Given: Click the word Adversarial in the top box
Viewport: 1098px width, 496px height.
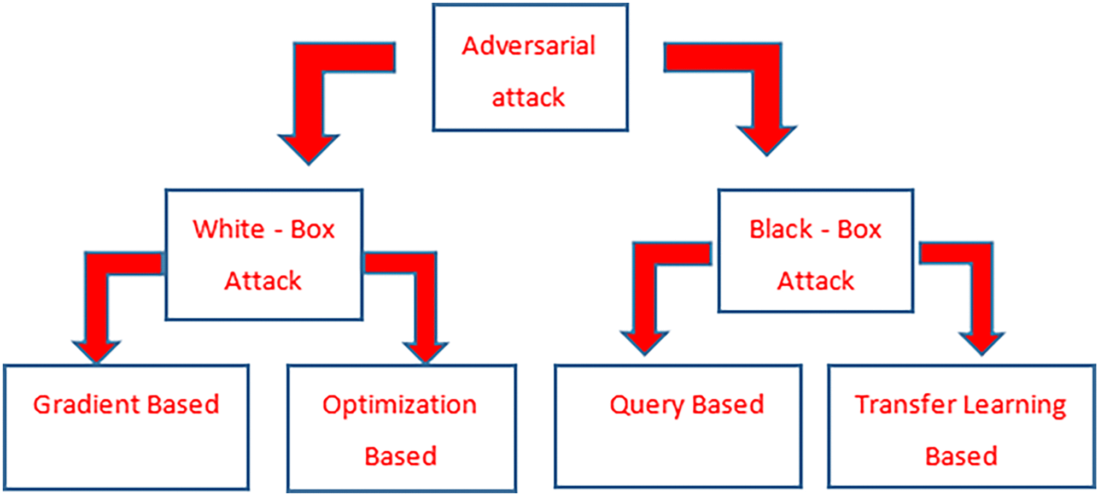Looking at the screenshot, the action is [x=528, y=45].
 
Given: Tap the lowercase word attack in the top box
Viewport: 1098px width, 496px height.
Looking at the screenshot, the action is [x=528, y=97].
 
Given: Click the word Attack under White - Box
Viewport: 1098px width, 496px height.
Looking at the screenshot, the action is [x=263, y=281].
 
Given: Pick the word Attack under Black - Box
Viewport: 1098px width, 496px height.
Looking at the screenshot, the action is [x=816, y=281].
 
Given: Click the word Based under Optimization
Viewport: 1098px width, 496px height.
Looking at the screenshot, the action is [x=401, y=456].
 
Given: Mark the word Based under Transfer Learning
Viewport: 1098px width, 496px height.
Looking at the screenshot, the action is [x=961, y=456].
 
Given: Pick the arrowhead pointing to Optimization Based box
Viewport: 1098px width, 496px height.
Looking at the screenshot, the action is [x=425, y=352].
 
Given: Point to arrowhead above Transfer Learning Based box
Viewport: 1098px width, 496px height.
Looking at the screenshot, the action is [x=982, y=344].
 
